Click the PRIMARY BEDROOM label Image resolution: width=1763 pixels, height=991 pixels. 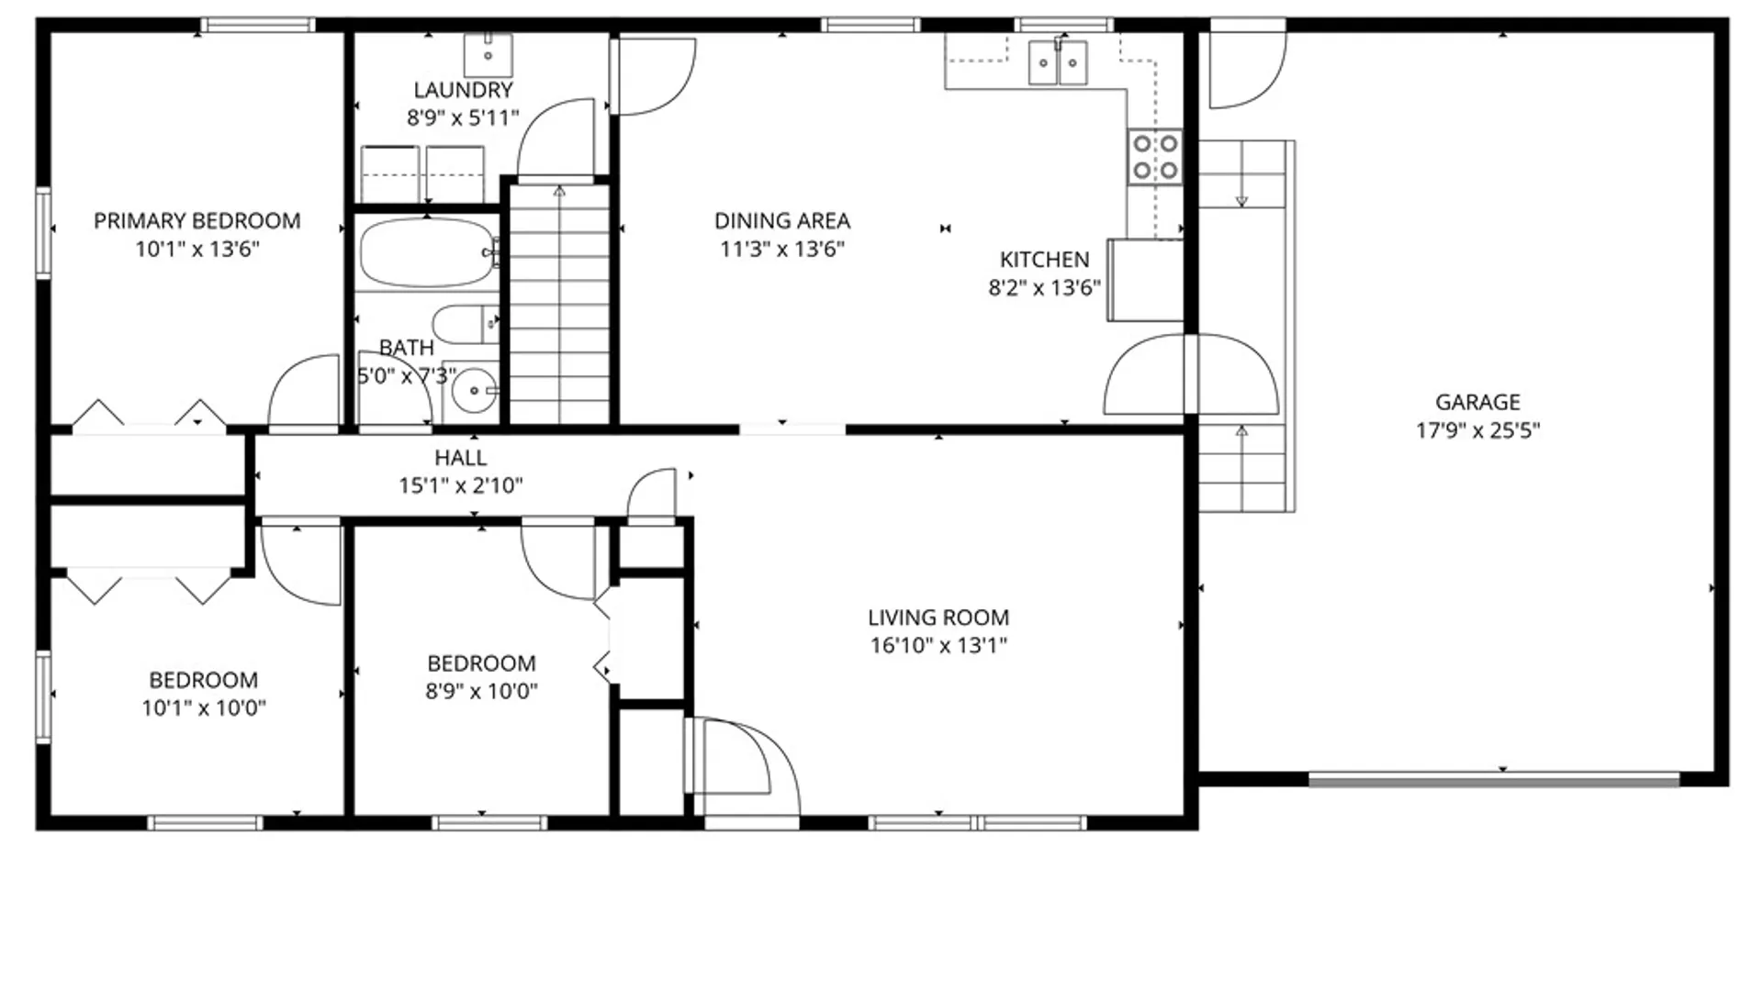pos(197,221)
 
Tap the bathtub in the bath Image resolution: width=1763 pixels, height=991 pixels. pos(427,252)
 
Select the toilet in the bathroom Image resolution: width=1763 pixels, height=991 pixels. pos(464,324)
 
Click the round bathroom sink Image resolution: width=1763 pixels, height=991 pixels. pos(474,391)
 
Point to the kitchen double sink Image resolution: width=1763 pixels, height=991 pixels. pos(1057,62)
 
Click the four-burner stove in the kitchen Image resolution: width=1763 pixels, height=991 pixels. pos(1155,157)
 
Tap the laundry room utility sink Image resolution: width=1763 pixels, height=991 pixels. pos(488,55)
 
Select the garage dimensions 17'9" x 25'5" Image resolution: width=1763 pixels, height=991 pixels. pos(1477,430)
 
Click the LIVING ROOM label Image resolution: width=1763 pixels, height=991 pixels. pos(938,618)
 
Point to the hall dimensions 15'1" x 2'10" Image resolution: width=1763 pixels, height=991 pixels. pos(460,485)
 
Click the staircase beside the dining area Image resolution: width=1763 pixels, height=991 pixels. pos(559,303)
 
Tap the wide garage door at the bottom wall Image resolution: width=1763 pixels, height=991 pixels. pos(1494,780)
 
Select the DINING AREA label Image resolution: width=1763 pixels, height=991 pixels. pos(782,221)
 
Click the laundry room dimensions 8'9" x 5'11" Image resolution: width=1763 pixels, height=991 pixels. pos(463,117)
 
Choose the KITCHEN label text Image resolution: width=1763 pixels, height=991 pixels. pos(1044,260)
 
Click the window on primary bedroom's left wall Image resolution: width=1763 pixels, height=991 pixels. pos(43,231)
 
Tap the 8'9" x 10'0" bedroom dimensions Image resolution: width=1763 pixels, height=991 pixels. pos(481,691)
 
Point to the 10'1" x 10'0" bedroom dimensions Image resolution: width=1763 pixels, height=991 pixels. pos(203,707)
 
